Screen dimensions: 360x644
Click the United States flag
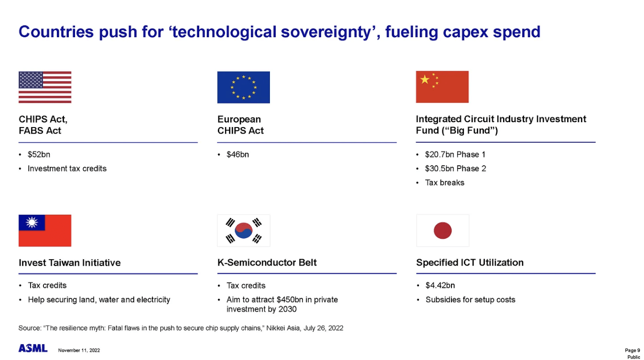[x=45, y=87]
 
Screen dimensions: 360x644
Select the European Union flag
[x=243, y=87]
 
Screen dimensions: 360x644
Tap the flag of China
[x=442, y=86]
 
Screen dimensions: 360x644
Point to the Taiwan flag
[x=45, y=230]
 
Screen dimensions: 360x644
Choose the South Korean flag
[x=244, y=230]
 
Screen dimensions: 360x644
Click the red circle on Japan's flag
[x=442, y=231]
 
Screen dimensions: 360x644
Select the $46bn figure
[x=237, y=155]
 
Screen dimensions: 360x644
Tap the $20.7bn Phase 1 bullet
[x=455, y=155]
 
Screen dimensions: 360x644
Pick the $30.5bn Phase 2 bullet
[x=455, y=169]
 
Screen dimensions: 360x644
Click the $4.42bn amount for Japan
[x=440, y=286]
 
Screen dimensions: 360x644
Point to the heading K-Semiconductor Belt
[x=267, y=263]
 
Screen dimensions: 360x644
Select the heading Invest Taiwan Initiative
[x=70, y=263]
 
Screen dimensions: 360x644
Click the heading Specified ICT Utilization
[x=470, y=263]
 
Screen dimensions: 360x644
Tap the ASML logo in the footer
[x=33, y=348]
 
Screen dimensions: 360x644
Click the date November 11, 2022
[x=79, y=350]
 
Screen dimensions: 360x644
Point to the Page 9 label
[x=632, y=350]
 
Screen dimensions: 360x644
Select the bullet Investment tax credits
[x=67, y=169]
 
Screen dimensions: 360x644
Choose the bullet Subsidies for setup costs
[x=470, y=300]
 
